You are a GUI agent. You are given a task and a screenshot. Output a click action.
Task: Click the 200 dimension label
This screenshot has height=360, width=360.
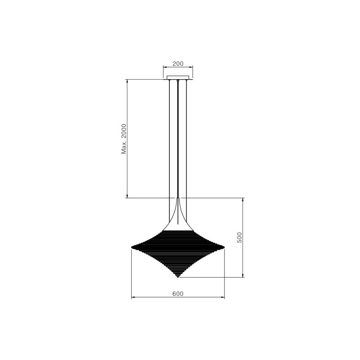[x=178, y=63]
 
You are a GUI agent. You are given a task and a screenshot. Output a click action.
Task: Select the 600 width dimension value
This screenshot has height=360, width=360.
[x=178, y=294]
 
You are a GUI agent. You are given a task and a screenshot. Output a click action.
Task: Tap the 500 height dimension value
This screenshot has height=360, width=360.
[x=239, y=238]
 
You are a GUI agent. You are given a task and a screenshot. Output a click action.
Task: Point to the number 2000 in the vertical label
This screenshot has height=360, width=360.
[x=124, y=131]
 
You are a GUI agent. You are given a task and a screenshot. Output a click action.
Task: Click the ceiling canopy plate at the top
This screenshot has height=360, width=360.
[x=178, y=77]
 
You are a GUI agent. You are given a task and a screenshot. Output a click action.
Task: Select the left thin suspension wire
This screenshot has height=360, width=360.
[x=169, y=150]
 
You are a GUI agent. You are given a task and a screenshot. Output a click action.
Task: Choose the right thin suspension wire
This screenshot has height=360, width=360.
[x=186, y=150]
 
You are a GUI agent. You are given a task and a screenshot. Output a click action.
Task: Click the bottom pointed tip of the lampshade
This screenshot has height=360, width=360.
[x=178, y=277]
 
